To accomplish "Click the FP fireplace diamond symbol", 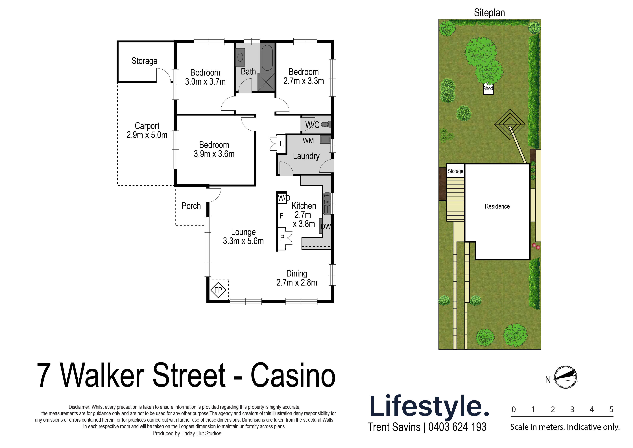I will pos(218,290).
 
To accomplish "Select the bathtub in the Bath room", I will pos(267,58).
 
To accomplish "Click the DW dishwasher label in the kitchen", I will pos(326,227).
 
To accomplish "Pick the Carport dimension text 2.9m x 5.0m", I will pos(147,135).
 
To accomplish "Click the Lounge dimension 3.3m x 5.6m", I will pos(243,241).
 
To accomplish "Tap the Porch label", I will pos(191,206).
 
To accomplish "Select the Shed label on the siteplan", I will pos(488,89).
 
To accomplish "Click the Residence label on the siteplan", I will pos(497,207).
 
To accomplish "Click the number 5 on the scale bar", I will pos(611,409).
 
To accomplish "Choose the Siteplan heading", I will pos(489,13).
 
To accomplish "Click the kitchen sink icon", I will pos(327,204).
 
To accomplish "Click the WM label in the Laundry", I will pos(308,141).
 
